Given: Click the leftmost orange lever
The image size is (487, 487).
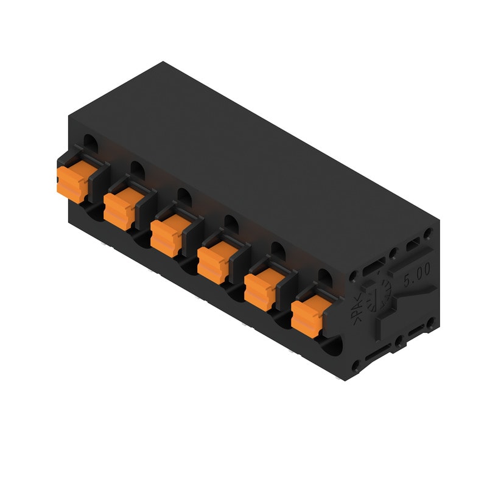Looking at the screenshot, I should pyautogui.click(x=72, y=181).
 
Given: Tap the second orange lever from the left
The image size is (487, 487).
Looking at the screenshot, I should pyautogui.click(x=119, y=208).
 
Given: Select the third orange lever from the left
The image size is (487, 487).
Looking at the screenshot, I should pyautogui.click(x=166, y=234).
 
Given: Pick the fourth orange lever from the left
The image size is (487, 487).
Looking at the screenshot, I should pyautogui.click(x=213, y=261).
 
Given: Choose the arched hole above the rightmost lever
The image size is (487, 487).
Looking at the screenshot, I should pyautogui.click(x=324, y=277).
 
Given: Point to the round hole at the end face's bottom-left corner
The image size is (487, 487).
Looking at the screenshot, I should pyautogui.click(x=357, y=365).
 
